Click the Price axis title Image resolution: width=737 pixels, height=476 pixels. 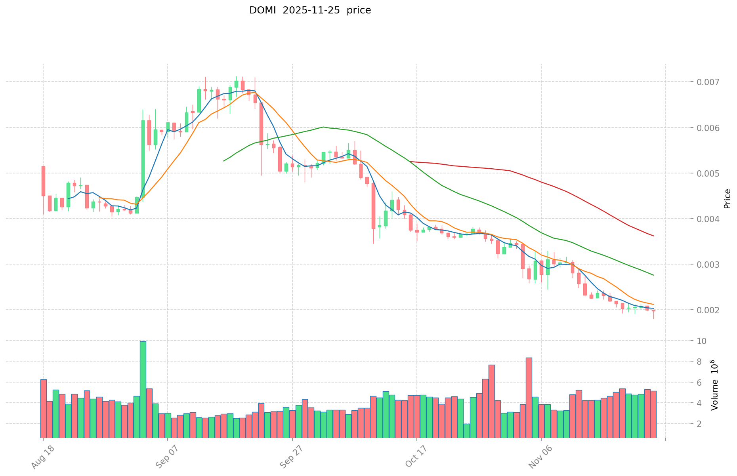point(727,199)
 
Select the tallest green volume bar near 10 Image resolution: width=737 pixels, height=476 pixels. point(143,390)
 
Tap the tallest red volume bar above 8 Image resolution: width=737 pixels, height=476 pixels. point(529,398)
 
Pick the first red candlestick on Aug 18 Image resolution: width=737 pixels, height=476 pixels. point(43,181)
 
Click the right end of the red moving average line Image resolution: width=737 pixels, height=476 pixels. point(653,236)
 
